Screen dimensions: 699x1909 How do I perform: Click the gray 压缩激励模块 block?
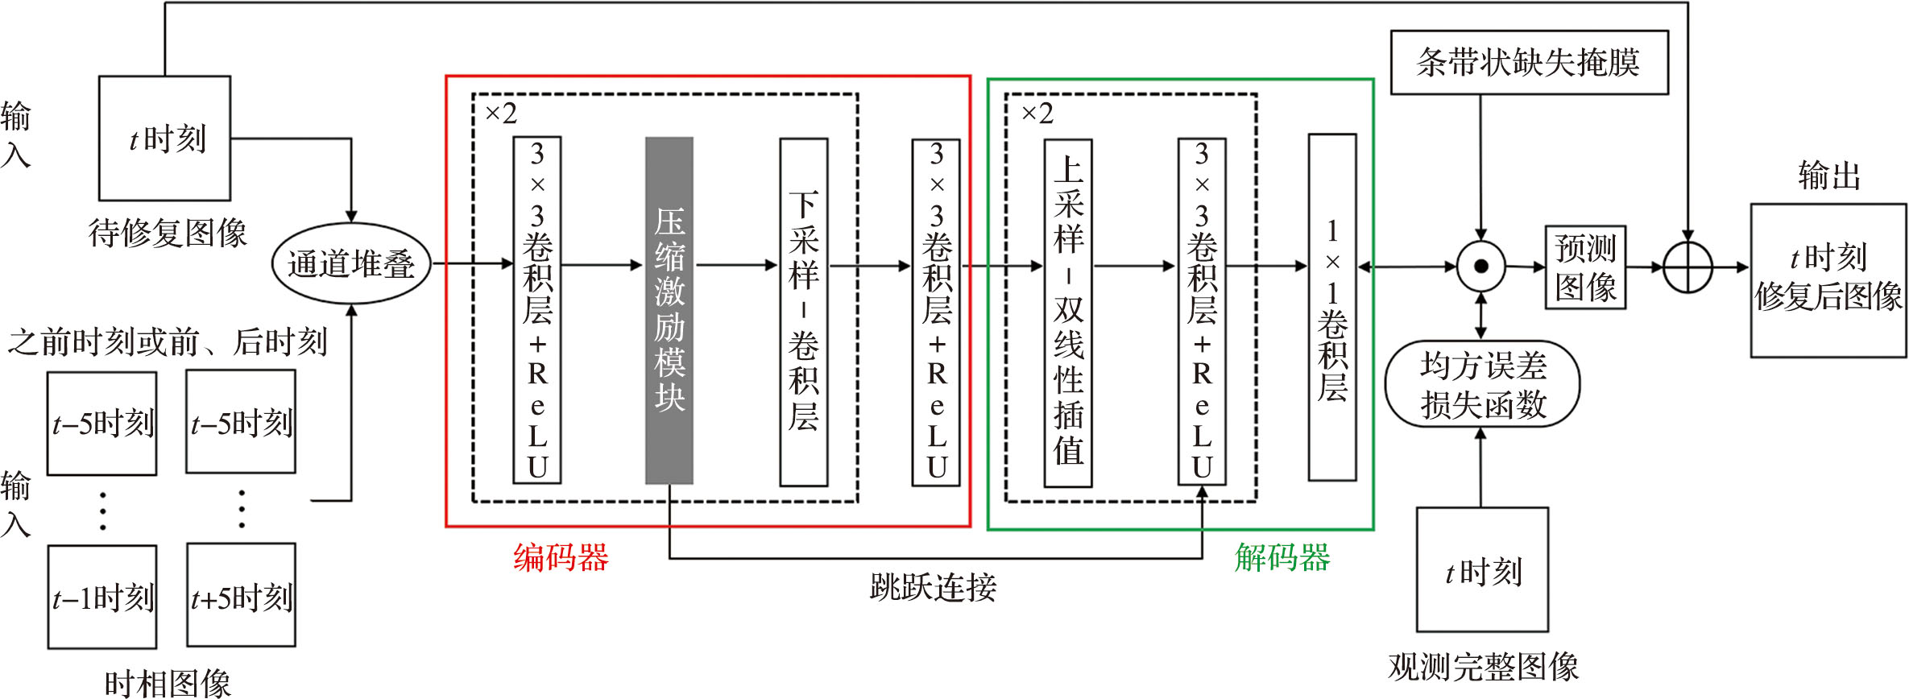[x=669, y=310]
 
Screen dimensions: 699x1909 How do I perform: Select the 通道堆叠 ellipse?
[x=351, y=263]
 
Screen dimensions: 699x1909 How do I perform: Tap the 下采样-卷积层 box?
[x=803, y=312]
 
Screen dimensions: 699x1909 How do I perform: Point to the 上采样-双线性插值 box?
[x=1068, y=312]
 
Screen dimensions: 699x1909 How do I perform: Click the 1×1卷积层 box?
[x=1331, y=308]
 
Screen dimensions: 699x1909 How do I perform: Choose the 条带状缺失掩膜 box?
[x=1529, y=62]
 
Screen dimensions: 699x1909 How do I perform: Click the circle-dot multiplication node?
[x=1480, y=266]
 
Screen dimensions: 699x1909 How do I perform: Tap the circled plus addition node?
[x=1687, y=267]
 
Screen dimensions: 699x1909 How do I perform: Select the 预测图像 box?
[x=1585, y=267]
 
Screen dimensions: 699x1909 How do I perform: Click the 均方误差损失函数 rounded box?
[x=1482, y=384]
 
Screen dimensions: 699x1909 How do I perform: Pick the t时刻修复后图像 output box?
[x=1828, y=279]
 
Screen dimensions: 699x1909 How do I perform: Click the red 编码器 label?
[x=561, y=557]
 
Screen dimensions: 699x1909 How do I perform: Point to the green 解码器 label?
[x=1282, y=557]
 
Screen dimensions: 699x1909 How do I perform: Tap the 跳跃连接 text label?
[x=933, y=588]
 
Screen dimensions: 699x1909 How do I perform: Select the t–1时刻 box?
[x=102, y=597]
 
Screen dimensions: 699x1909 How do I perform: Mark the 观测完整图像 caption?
[x=1483, y=667]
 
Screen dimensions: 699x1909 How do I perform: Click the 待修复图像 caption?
[x=168, y=234]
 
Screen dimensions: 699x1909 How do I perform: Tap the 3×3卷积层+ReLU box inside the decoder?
[x=1201, y=312]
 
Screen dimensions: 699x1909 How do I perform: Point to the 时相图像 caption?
[x=168, y=685]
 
